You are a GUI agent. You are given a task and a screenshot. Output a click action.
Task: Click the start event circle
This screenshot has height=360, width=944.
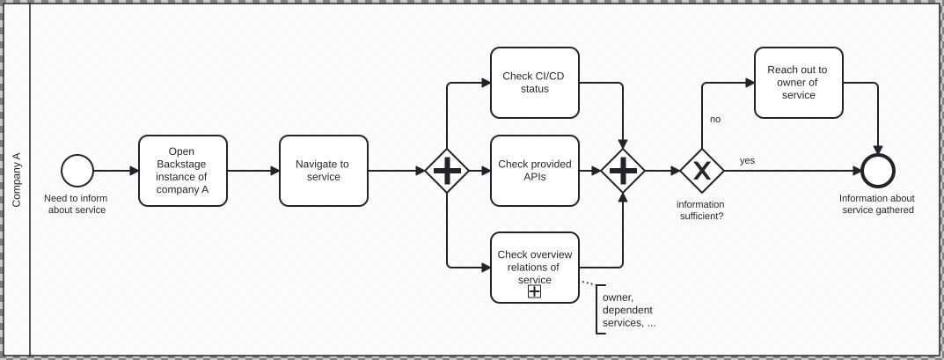77,171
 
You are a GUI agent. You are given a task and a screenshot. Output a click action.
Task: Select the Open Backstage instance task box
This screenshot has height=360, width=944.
182,171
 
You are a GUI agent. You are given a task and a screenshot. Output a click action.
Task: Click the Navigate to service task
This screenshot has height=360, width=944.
323,171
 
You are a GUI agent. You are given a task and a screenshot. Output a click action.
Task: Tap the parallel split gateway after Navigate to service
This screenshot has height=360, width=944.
447,171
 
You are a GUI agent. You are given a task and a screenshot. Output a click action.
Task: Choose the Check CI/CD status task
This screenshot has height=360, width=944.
534,83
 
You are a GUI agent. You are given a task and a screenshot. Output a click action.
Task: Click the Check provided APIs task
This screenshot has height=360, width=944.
534,171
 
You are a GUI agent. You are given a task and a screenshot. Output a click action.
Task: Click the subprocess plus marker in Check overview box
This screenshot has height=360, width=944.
534,291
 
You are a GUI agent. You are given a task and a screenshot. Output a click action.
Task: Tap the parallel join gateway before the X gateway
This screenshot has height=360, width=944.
623,171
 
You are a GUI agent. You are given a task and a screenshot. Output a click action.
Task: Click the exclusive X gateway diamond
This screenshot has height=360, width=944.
702,171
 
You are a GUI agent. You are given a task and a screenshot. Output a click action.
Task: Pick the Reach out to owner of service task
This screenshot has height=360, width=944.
798,83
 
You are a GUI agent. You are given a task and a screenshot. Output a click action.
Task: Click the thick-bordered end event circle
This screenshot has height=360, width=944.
877,171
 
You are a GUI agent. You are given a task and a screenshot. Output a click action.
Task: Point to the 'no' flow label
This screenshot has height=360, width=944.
715,119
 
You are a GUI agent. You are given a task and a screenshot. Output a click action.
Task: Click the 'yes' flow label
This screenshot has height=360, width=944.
747,160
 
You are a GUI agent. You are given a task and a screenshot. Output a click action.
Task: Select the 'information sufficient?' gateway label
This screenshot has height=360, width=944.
701,210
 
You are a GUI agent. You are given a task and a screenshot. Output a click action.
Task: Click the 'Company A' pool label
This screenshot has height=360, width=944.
16,180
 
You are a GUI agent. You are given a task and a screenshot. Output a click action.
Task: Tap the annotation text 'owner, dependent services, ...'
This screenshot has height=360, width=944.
628,310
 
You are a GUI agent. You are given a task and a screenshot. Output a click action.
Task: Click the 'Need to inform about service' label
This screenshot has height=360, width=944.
76,204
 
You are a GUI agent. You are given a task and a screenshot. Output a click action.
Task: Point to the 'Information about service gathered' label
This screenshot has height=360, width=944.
877,204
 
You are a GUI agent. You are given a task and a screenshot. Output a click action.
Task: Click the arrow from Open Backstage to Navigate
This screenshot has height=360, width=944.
252,171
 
